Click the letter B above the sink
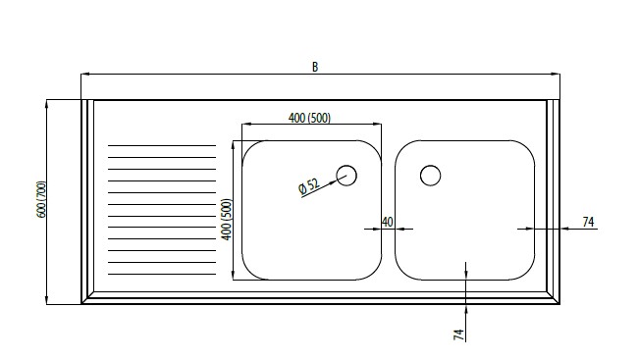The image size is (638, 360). [x=315, y=67]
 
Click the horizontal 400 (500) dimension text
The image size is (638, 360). [x=309, y=118]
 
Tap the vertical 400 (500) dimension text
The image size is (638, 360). [x=227, y=220]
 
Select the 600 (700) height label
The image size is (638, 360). [x=41, y=199]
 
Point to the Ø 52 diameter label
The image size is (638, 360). [x=309, y=186]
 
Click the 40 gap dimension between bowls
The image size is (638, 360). [x=388, y=222]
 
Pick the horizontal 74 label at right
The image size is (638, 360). [x=588, y=222]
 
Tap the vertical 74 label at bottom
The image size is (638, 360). [x=458, y=334]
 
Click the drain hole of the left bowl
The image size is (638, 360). [x=346, y=176]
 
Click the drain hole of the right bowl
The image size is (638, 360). [x=430, y=176]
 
